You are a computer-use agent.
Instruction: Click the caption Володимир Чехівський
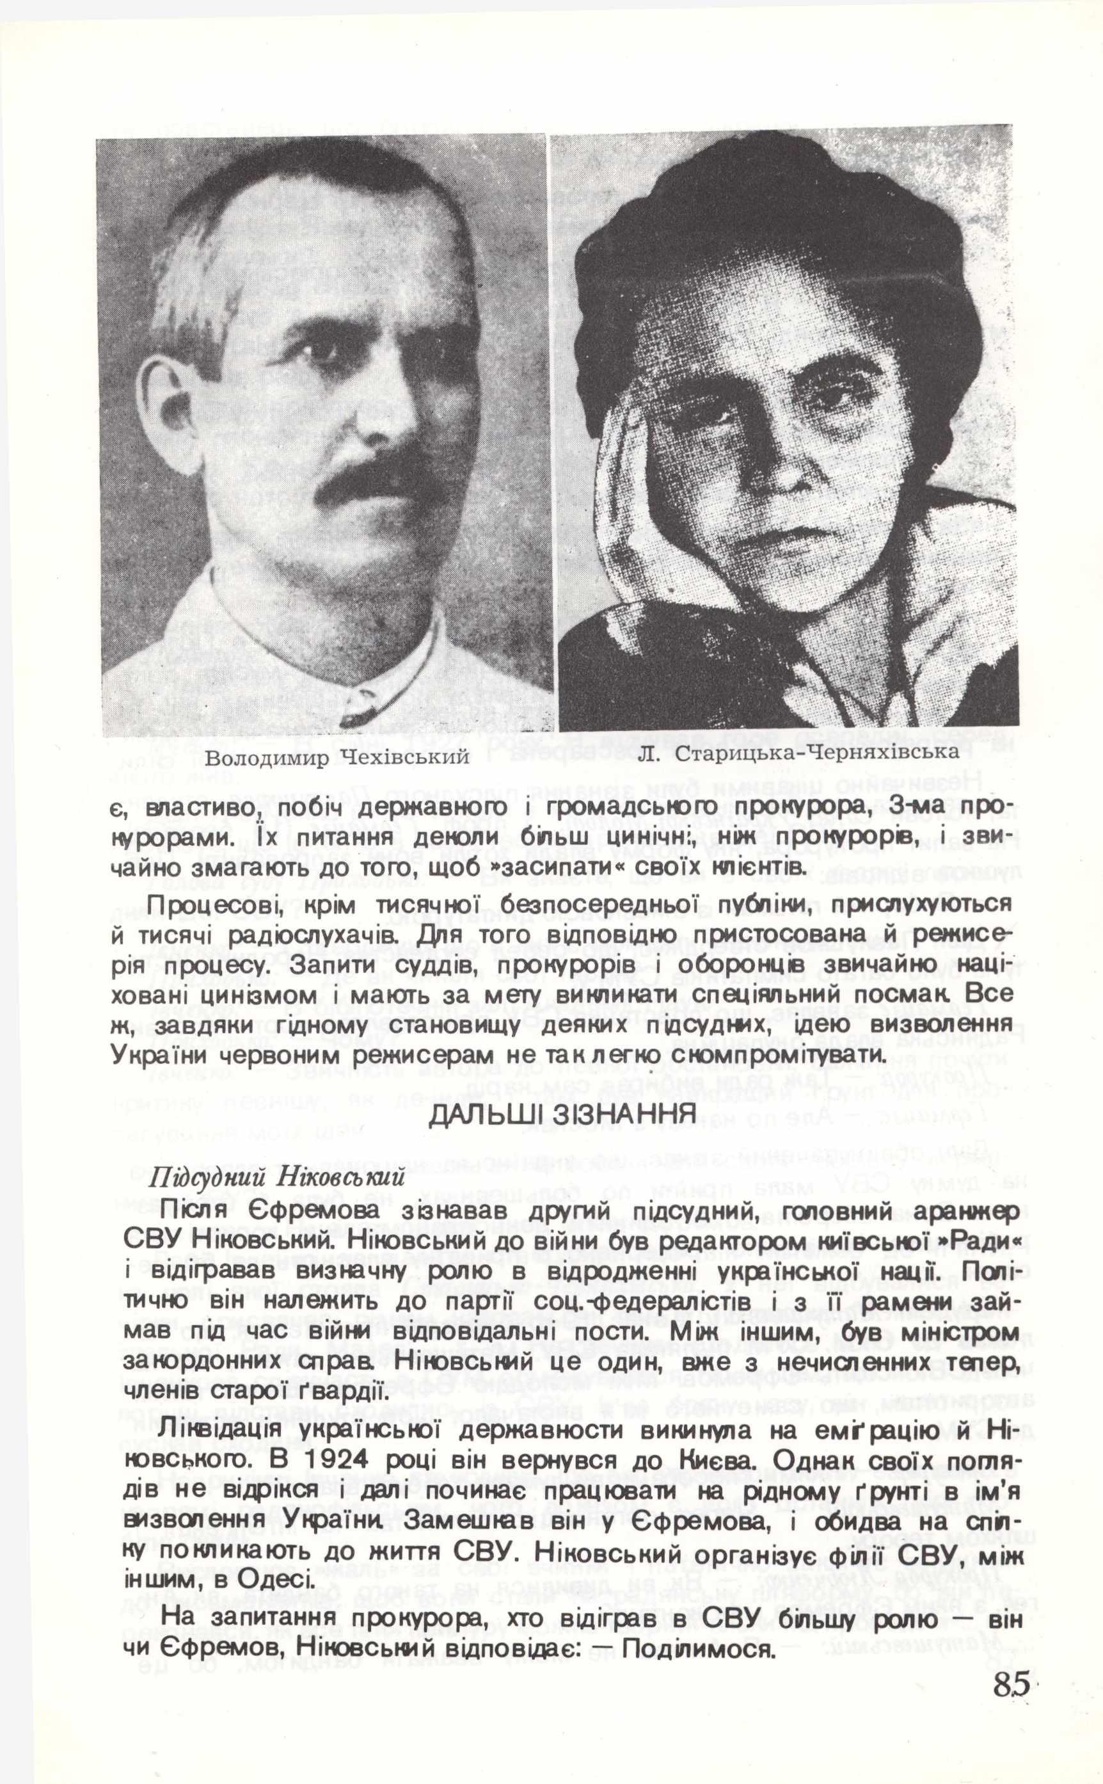337,758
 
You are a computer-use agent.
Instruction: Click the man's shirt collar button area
353,700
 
